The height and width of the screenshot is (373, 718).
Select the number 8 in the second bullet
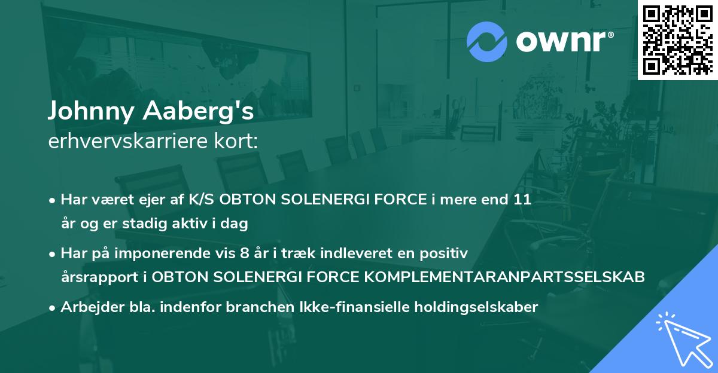(244, 253)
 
